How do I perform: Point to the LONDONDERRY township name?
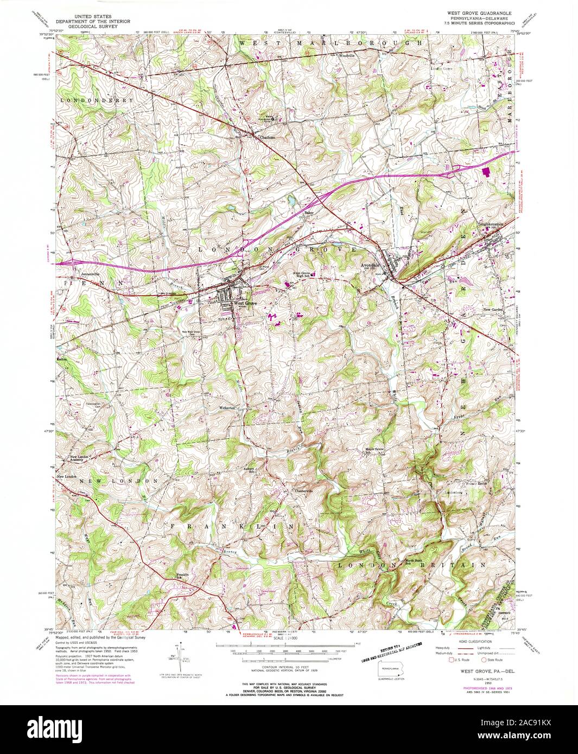tap(90, 101)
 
